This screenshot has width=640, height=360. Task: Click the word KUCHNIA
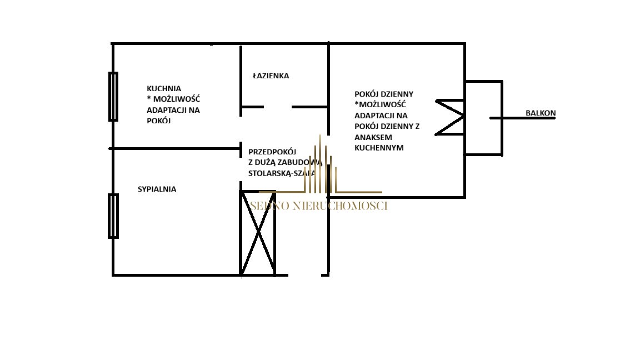tap(164, 88)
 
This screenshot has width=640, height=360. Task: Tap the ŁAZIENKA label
tap(271, 76)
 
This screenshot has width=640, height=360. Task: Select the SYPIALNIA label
tap(157, 189)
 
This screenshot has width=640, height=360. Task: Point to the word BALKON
tap(541, 113)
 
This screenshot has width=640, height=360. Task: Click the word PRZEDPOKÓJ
tap(272, 151)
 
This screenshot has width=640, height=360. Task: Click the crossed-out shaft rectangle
tap(258, 233)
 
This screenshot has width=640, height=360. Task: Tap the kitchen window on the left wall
tap(113, 96)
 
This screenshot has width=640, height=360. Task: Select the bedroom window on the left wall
tap(113, 216)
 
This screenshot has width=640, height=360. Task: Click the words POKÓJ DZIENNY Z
tap(387, 126)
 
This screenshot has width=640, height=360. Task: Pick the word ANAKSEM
tap(372, 137)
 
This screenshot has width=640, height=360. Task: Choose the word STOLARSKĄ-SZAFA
tap(282, 173)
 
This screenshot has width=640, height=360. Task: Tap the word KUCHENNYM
tap(379, 147)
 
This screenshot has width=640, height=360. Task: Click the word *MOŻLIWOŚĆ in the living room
tap(380, 104)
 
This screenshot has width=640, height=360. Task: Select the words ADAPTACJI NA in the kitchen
tap(173, 109)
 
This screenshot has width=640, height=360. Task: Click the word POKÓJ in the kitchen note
tap(158, 120)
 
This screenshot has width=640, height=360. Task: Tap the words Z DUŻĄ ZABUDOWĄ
tap(285, 162)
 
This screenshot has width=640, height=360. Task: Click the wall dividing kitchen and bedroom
tap(175, 148)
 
